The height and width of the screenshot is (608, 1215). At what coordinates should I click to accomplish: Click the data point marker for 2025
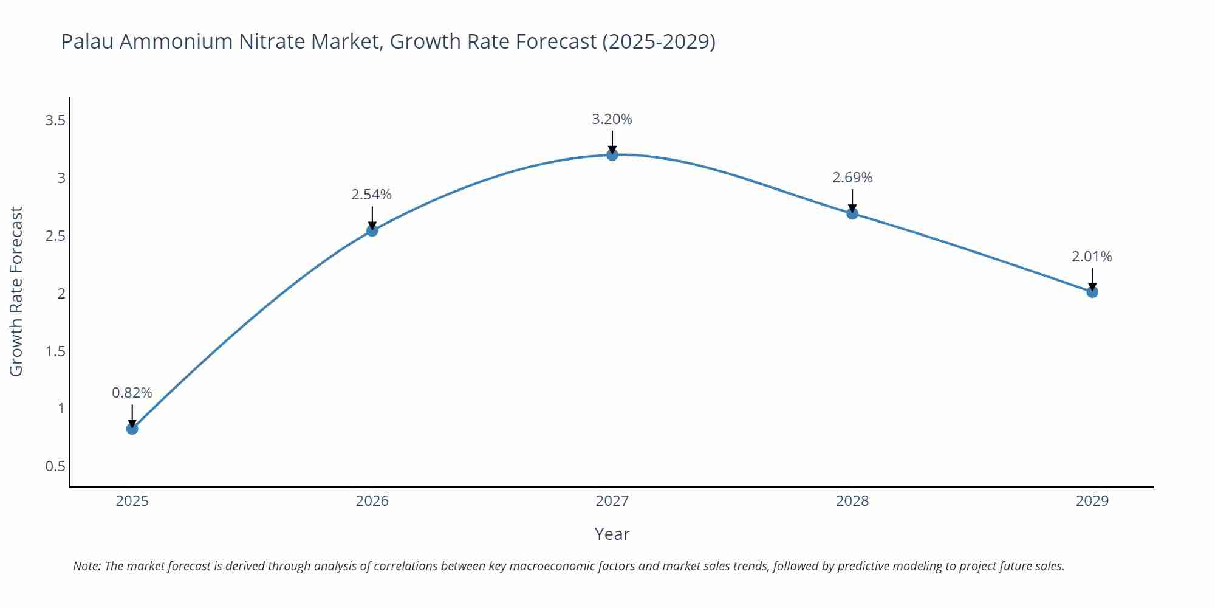(132, 429)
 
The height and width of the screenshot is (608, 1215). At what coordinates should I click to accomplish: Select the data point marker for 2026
(372, 230)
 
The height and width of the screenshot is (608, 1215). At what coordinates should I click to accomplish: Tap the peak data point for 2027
(612, 155)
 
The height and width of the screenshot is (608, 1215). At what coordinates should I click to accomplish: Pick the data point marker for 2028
(852, 213)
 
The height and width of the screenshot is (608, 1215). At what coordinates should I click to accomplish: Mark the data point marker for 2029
(1092, 292)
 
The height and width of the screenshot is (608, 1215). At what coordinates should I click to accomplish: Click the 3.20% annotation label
(612, 120)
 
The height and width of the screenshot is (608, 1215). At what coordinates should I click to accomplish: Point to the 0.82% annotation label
(132, 393)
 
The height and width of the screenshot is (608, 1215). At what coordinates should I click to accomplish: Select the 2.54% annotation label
(371, 195)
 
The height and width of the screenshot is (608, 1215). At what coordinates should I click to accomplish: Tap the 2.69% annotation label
(852, 178)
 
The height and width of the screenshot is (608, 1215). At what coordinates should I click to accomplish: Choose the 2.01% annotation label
(1092, 257)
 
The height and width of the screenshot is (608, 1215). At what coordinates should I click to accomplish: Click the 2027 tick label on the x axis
(612, 501)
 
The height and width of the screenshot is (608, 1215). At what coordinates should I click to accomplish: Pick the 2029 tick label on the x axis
(1092, 501)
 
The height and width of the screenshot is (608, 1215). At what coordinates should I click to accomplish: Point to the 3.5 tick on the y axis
(55, 120)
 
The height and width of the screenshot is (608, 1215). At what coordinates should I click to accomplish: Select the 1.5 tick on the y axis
(55, 351)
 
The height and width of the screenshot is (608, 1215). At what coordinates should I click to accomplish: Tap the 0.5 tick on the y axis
(55, 466)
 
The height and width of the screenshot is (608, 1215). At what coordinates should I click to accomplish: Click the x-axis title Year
(612, 534)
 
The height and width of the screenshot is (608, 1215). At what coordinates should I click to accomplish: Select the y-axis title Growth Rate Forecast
(16, 292)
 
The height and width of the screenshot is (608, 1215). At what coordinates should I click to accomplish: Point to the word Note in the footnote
(86, 566)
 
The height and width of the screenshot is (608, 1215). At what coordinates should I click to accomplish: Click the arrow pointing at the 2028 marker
(852, 201)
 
